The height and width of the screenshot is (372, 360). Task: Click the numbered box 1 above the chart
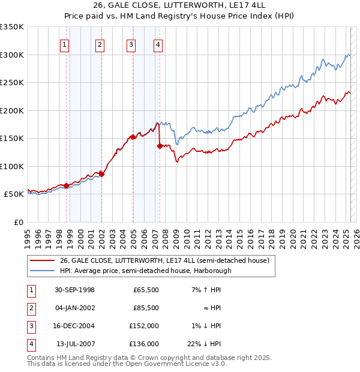(x=64, y=44)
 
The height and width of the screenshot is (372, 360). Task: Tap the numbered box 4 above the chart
(x=157, y=44)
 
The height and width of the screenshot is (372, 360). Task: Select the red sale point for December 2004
(x=133, y=137)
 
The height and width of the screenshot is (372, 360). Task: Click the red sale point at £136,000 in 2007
(x=160, y=146)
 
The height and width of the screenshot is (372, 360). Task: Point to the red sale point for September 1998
(x=67, y=185)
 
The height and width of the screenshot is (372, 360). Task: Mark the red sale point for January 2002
(x=101, y=174)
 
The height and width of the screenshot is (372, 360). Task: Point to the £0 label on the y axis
(x=18, y=223)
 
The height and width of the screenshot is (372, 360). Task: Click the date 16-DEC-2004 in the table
(x=74, y=326)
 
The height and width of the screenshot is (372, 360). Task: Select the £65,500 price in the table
(x=146, y=290)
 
